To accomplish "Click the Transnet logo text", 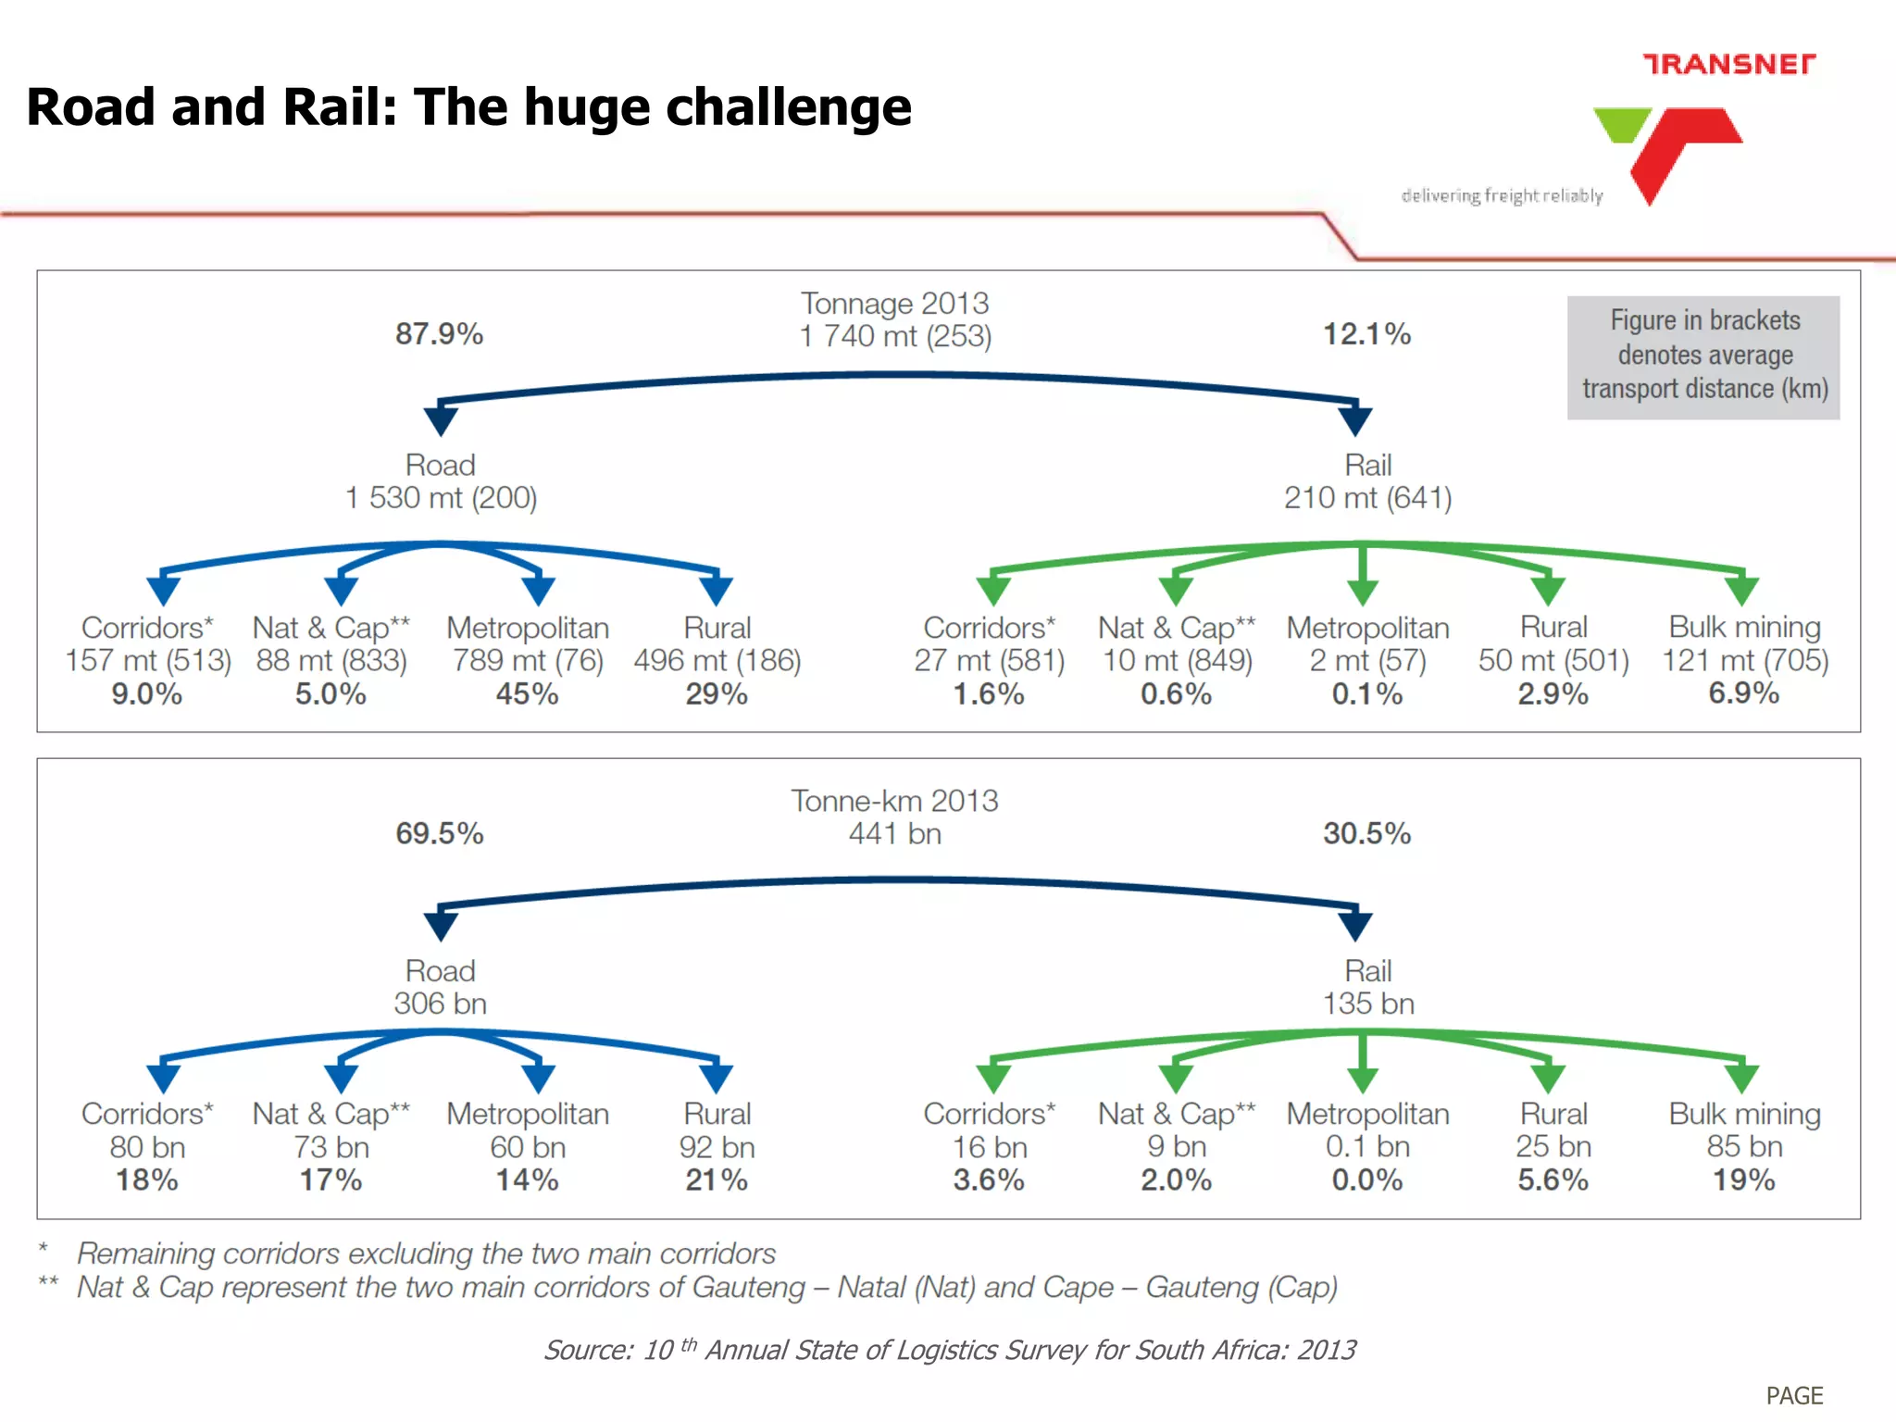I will click(1728, 64).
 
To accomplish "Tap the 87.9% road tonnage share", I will click(439, 334).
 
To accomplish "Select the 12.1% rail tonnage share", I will click(1366, 334).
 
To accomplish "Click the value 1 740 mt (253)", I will click(895, 336).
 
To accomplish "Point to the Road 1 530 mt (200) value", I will click(441, 498).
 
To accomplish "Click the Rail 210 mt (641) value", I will click(1367, 498).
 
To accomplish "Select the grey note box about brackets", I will click(1703, 356).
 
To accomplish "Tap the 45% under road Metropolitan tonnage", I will click(527, 694).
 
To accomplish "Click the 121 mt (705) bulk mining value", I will click(1744, 661).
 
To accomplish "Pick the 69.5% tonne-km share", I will click(439, 833).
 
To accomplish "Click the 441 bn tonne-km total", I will click(895, 834).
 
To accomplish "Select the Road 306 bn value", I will click(441, 1004).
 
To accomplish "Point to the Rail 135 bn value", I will click(1367, 1004).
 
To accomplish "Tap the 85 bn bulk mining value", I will click(1744, 1147).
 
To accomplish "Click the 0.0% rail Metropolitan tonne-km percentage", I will click(1366, 1180).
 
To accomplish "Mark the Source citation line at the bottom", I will click(950, 1350).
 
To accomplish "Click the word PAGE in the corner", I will click(1793, 1395).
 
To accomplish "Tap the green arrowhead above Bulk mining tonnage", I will click(1741, 589).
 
